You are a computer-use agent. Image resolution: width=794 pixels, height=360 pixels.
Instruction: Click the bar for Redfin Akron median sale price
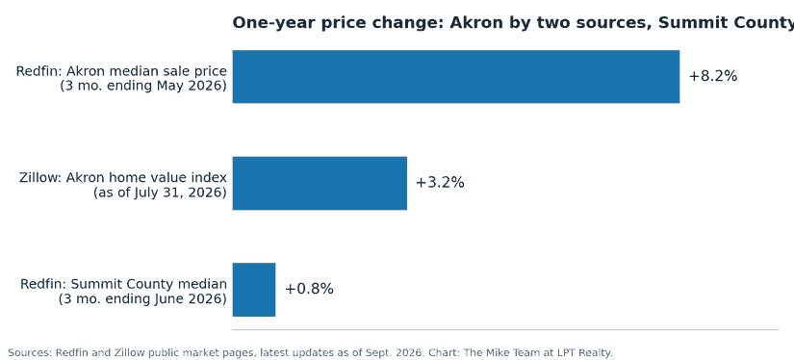(x=456, y=76)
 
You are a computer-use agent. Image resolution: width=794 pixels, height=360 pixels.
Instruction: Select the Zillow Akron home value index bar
(x=320, y=183)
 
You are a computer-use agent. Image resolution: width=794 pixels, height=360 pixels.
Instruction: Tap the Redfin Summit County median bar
(x=254, y=290)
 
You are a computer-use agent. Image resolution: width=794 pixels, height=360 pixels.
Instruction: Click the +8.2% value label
(x=713, y=76)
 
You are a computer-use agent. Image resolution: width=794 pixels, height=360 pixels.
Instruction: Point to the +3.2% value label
(x=440, y=183)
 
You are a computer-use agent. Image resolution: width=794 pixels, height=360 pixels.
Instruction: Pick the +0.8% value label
(x=309, y=289)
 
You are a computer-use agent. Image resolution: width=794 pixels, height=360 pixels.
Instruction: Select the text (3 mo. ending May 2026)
(x=143, y=86)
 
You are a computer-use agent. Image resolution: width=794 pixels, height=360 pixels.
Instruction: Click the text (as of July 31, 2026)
(x=160, y=193)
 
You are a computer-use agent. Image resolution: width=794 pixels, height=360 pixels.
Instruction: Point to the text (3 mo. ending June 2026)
(x=142, y=299)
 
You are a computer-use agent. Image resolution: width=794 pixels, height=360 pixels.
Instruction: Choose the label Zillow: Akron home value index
(x=123, y=178)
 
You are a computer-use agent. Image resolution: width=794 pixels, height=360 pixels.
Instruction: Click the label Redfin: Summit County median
(x=123, y=284)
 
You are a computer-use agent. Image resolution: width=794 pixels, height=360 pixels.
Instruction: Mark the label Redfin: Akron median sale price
(x=121, y=71)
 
